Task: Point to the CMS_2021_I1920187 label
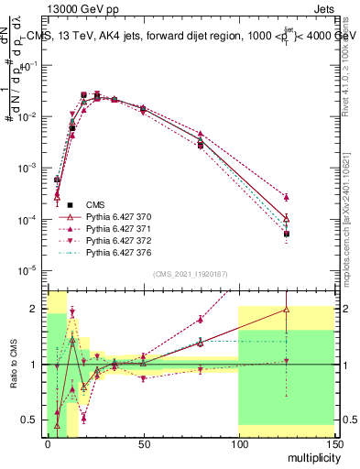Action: coord(190,274)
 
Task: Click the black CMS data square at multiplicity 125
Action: coord(286,234)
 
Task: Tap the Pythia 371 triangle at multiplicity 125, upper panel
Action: coord(286,197)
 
